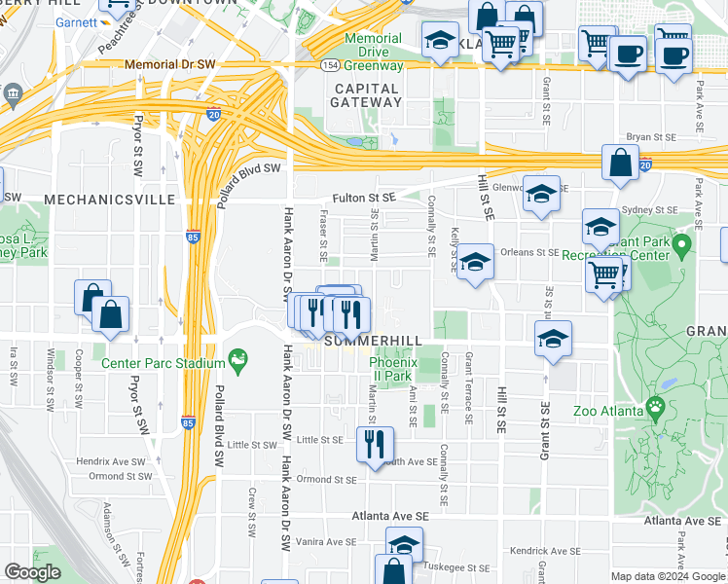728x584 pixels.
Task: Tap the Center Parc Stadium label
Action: coord(164,364)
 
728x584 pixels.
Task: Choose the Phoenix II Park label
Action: coord(391,369)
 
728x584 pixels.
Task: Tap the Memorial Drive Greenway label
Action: coord(374,53)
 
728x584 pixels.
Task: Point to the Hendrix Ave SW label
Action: coord(113,459)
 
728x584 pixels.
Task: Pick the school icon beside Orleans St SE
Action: coord(475,263)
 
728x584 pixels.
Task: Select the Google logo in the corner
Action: coord(33,572)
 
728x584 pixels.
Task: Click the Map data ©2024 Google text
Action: coord(668,576)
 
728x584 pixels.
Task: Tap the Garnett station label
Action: coord(77,22)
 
